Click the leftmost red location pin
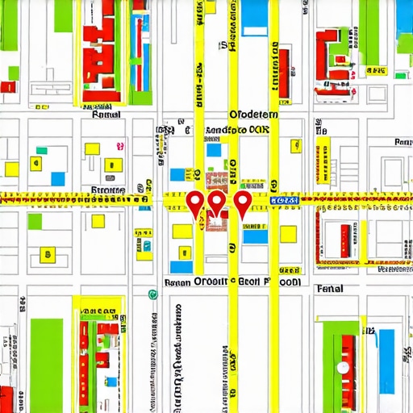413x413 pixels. pyautogui.click(x=194, y=202)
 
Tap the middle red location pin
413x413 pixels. pyautogui.click(x=216, y=202)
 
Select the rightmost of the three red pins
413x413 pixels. pyautogui.click(x=242, y=202)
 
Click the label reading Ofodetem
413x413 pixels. pyautogui.click(x=253, y=115)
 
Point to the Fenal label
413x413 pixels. pyautogui.click(x=329, y=288)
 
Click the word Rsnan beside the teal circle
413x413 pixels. pyautogui.click(x=175, y=283)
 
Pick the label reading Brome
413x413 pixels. pyautogui.click(x=107, y=190)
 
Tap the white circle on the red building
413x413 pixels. pyautogui.click(x=344, y=367)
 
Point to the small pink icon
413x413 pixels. pyautogui.click(x=119, y=146)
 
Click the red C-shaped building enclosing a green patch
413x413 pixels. pyautogui.click(x=331, y=52)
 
